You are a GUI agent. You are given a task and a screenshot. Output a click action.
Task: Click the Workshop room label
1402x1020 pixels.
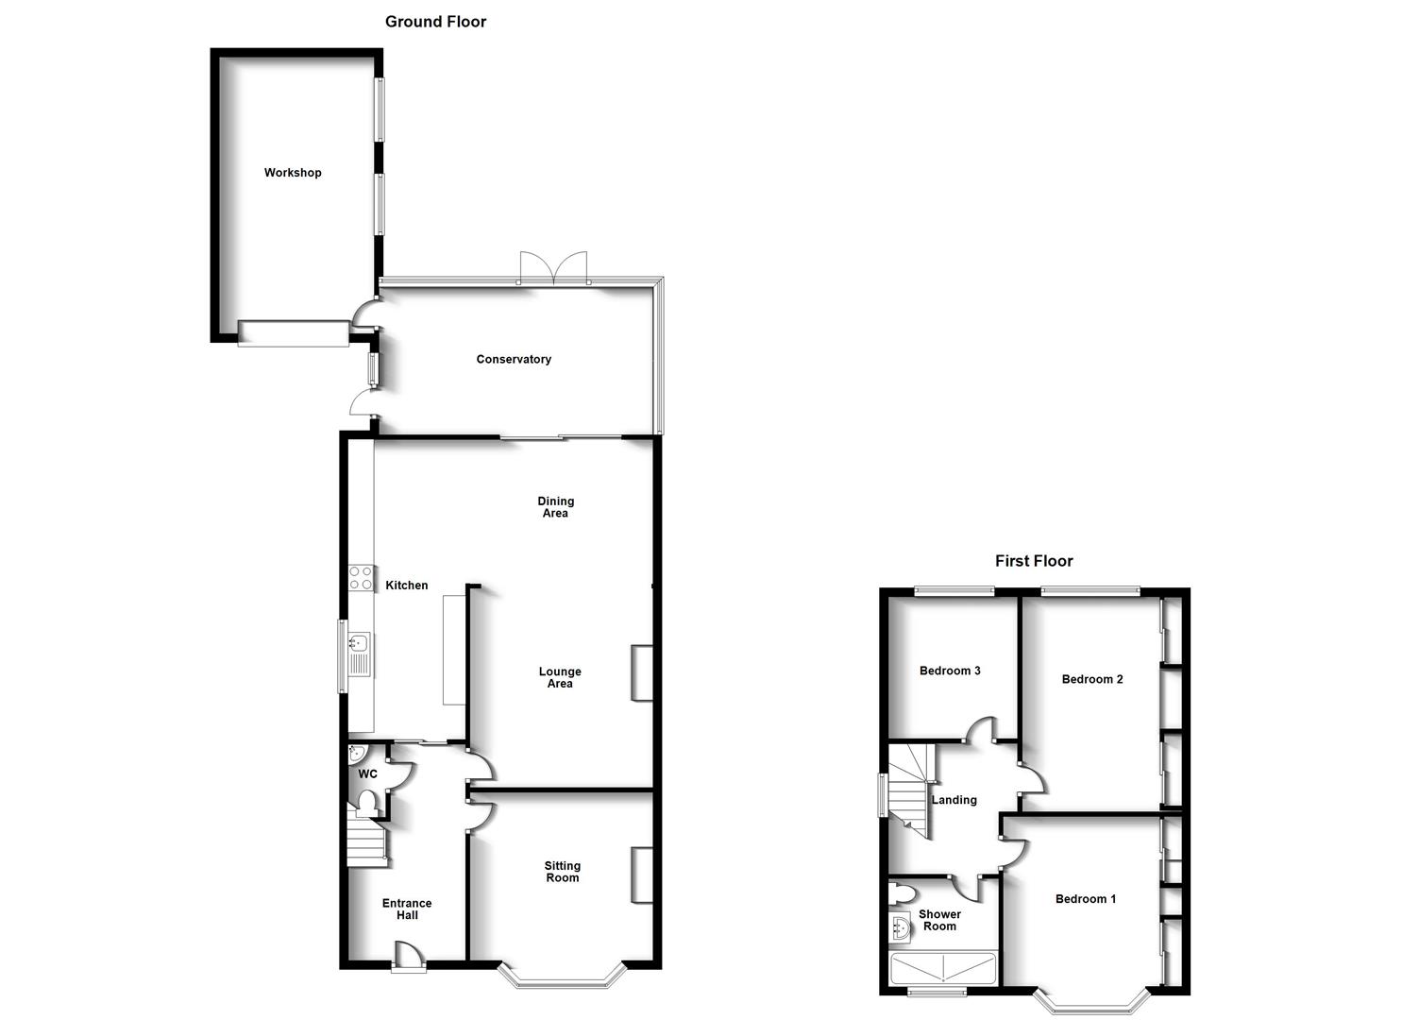tap(293, 173)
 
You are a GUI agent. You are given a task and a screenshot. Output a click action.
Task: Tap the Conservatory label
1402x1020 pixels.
tap(514, 360)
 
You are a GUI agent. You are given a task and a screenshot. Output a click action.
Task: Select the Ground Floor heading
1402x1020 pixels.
tap(435, 22)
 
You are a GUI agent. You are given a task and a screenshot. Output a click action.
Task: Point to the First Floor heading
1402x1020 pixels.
tap(1034, 561)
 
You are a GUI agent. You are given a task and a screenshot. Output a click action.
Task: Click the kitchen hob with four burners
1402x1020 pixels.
tap(361, 578)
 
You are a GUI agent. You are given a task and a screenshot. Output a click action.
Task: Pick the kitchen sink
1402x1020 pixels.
tap(360, 654)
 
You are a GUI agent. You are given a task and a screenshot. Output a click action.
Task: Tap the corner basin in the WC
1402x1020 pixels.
tap(356, 753)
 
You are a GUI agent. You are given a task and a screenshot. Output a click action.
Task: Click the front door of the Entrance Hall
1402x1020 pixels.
tap(410, 957)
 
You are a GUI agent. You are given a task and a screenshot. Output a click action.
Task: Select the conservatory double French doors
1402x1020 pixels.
tap(554, 268)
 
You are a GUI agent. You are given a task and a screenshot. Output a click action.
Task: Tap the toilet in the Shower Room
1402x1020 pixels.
tap(902, 893)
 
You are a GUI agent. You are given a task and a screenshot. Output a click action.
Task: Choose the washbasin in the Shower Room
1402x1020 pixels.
tap(900, 928)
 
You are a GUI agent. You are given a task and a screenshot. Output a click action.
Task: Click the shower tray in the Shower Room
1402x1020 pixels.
tap(942, 968)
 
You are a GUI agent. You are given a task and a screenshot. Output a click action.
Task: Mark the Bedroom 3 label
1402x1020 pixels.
tap(950, 671)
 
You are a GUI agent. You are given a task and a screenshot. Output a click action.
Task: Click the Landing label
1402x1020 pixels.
tap(954, 800)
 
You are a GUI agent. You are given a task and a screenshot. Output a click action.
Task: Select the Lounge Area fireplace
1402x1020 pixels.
tap(642, 672)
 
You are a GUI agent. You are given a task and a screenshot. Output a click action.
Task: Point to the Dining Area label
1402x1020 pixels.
tap(556, 506)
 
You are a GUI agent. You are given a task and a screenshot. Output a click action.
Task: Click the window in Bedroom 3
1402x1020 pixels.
tap(954, 590)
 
